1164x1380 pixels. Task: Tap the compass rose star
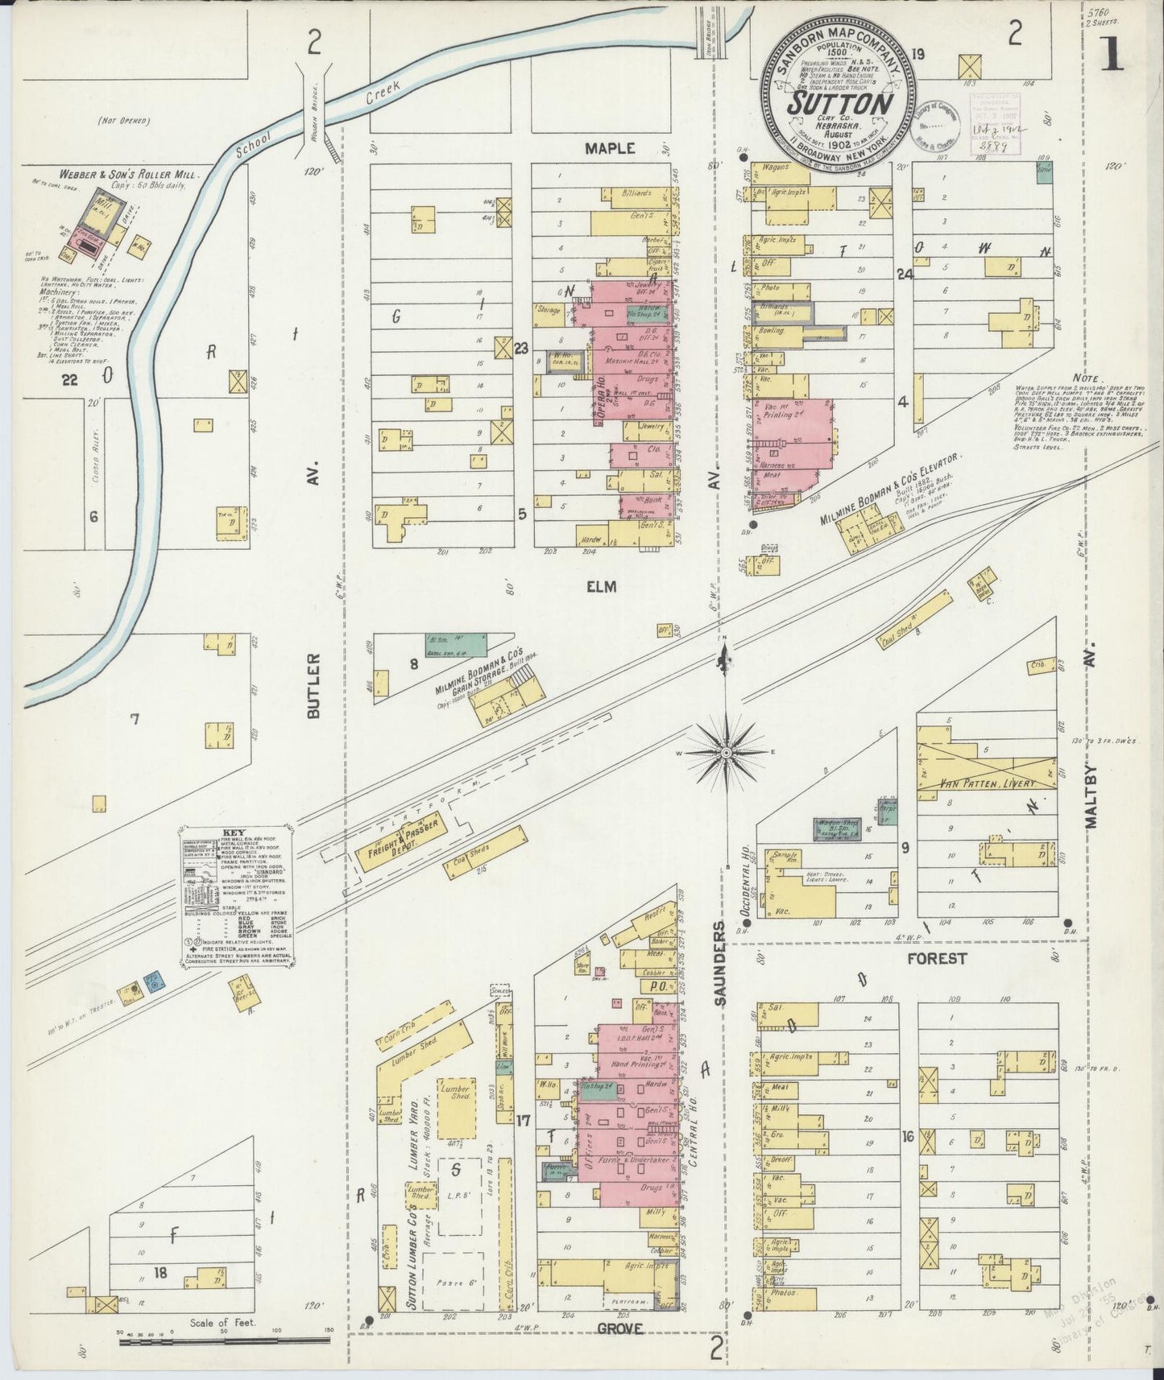pyautogui.click(x=725, y=752)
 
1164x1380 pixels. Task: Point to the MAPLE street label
pyautogui.click(x=610, y=148)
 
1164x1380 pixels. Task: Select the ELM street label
pyautogui.click(x=601, y=587)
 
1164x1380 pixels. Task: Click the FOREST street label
pyautogui.click(x=936, y=958)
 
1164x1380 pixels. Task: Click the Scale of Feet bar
pyautogui.click(x=224, y=1341)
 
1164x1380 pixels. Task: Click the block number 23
pyautogui.click(x=521, y=349)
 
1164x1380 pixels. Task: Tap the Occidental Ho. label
pyautogui.click(x=744, y=867)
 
